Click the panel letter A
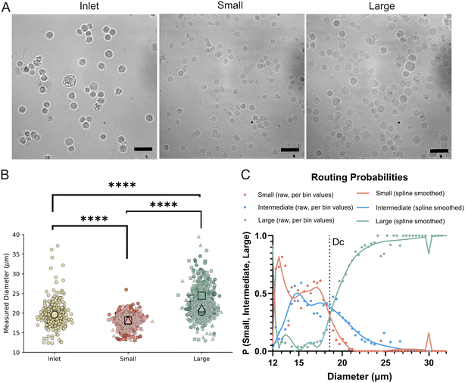pos(6,7)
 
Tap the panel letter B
pos(5,175)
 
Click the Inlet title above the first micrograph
pos(89,6)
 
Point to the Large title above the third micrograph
pos(382,6)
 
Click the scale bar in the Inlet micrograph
pos(143,149)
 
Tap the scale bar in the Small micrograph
pos(290,150)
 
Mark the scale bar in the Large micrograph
pos(439,151)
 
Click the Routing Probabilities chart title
pos(360,177)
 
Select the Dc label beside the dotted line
pos(338,242)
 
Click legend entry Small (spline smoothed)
pos(401,193)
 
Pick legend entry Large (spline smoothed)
pos(401,221)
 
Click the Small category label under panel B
pos(128,359)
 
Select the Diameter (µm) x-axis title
pos(360,376)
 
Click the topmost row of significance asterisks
pos(122,185)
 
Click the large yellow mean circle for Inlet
pos(55,315)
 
